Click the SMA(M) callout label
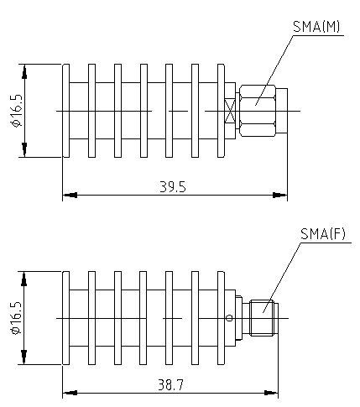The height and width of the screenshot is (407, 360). click(x=316, y=27)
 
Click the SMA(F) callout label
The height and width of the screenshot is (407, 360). click(x=323, y=234)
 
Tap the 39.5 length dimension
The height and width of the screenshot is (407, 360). click(x=173, y=186)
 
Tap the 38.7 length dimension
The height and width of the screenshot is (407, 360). click(x=171, y=385)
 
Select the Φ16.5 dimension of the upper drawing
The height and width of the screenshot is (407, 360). click(x=16, y=111)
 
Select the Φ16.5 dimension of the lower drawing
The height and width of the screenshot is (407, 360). click(x=16, y=318)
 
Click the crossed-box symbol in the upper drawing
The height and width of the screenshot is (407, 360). click(x=230, y=111)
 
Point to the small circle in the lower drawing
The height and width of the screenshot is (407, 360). click(x=229, y=318)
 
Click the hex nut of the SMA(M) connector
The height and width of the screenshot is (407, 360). click(x=258, y=111)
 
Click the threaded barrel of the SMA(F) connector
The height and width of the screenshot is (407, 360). click(x=262, y=318)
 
